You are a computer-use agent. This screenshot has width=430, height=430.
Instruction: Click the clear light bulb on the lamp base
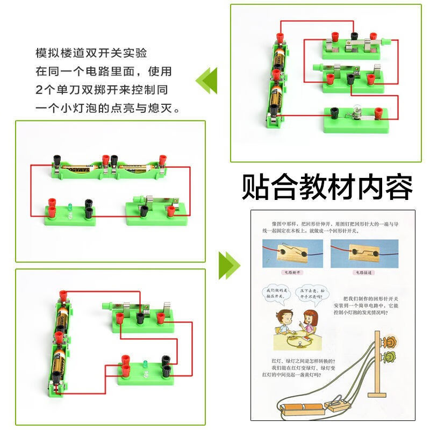tap(354, 113)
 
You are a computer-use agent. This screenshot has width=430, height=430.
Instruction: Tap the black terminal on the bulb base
tap(334, 112)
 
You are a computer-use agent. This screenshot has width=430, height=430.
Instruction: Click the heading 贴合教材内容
tap(327, 187)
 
